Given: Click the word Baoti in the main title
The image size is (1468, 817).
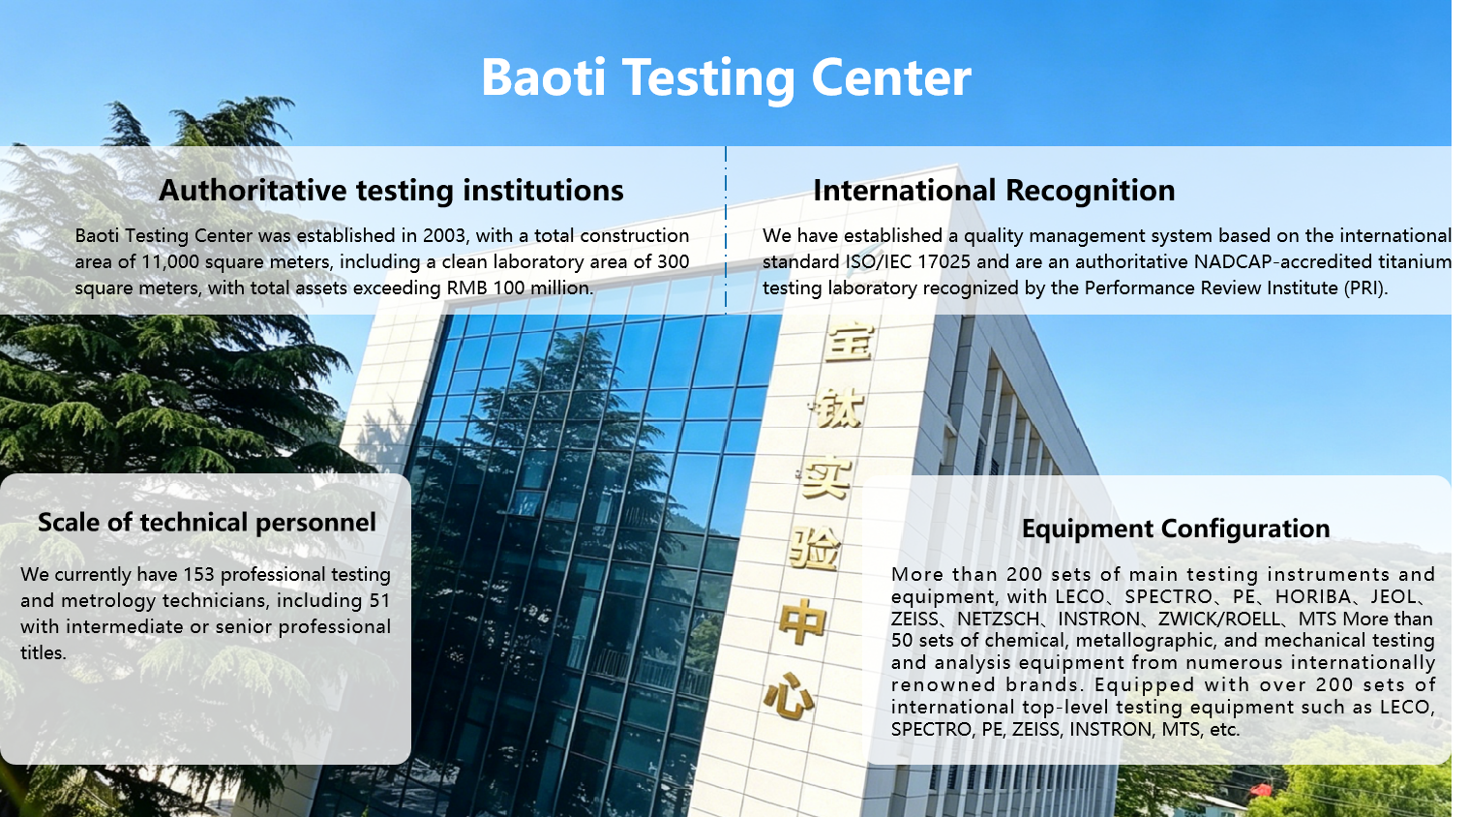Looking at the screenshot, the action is pos(544,78).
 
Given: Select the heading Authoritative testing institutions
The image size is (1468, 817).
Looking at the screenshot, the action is pos(391,191).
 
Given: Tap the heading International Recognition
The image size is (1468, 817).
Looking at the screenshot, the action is pos(994,191).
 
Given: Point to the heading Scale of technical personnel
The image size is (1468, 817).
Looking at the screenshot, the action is pos(207,523).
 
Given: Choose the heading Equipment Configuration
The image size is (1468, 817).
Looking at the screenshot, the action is pos(1176,529).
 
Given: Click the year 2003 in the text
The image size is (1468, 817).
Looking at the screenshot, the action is pos(445,236).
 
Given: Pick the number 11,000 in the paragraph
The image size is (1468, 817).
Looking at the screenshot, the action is pos(170,262).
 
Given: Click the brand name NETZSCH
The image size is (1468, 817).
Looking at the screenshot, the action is pos(998,620).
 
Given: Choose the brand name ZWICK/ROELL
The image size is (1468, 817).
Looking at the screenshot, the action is pos(1219,620).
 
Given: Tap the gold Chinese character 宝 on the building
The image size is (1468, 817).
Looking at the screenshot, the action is pos(849,342).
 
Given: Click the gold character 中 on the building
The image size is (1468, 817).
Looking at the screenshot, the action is pos(802,622).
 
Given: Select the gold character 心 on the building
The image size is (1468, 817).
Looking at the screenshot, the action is pos(789,698).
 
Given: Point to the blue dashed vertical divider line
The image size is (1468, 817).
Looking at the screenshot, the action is pos(726,229).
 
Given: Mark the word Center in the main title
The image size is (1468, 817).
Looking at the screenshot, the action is pos(891,78).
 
